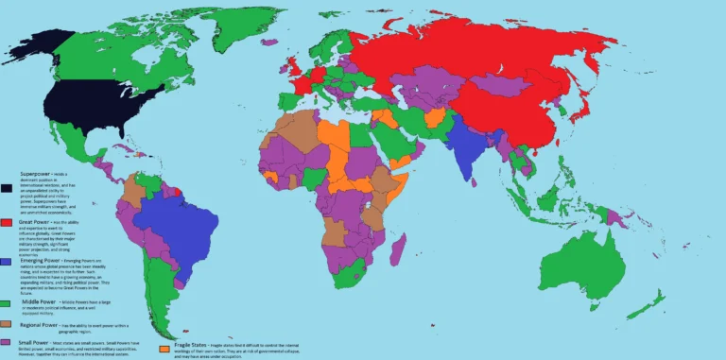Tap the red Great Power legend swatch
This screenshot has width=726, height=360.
[8, 223]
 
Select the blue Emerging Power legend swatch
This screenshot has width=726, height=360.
[8, 261]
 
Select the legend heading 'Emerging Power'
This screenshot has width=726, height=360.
[38, 257]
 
